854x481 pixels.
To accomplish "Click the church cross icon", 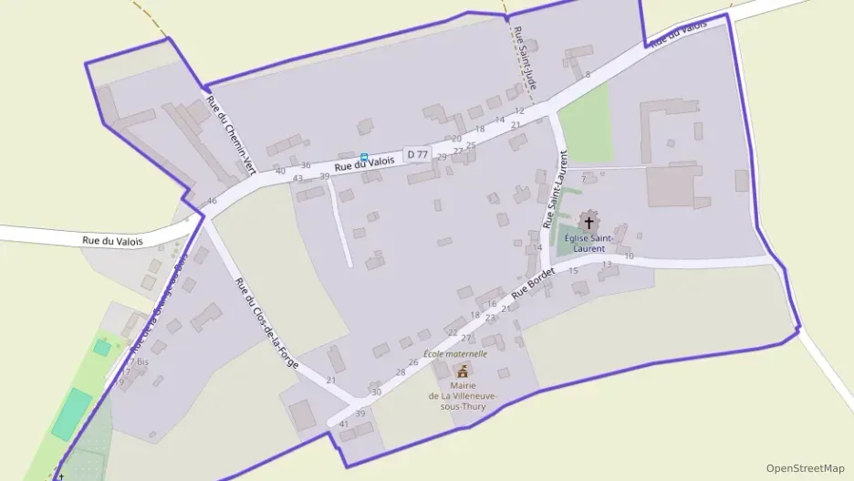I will (x=588, y=222).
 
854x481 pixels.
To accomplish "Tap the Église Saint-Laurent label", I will (x=589, y=243).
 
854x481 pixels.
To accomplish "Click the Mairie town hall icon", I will (x=463, y=371).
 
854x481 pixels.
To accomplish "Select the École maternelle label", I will (x=455, y=353).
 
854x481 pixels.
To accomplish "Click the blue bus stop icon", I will (x=364, y=157).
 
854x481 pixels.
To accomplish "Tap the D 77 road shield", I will (x=417, y=154).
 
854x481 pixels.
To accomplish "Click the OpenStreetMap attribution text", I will (x=805, y=467).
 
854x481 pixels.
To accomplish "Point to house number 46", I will (x=212, y=201).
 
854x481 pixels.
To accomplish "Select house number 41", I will (x=344, y=424).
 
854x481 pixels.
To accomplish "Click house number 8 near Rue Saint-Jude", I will (x=588, y=74).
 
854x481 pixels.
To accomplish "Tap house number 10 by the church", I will (x=629, y=256).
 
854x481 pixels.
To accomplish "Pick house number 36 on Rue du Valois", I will (x=306, y=165).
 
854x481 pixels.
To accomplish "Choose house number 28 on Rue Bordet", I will (x=400, y=372).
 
